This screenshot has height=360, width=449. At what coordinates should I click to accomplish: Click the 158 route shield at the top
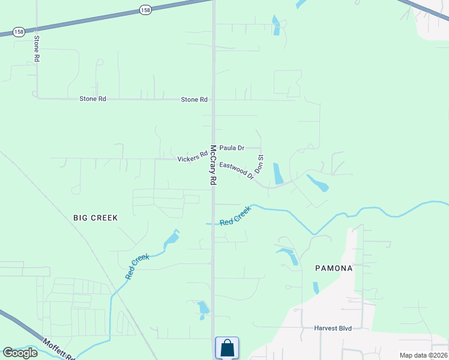pos(145,10)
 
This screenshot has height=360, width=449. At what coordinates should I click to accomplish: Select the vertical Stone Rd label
pos(37,49)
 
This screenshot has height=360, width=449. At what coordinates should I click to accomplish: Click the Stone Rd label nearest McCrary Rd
pos(194,100)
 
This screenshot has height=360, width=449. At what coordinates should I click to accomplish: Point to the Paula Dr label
pos(232,148)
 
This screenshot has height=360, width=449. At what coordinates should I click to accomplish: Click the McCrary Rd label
pos(212,164)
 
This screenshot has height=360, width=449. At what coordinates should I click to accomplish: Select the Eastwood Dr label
pos(237,170)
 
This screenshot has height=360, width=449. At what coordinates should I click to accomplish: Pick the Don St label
pos(261,164)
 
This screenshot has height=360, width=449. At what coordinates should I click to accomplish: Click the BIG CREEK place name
pos(95,218)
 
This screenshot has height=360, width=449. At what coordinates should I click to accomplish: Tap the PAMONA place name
pos(334,268)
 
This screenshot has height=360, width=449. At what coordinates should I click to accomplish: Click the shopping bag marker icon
pos(227,347)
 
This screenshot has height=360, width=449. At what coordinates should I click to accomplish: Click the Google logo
pos(20,353)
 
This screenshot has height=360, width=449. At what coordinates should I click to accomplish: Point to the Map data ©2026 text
pos(423,355)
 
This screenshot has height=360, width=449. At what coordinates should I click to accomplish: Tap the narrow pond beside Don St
pos(278,173)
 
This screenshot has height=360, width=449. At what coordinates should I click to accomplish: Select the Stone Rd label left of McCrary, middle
pos(92,98)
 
